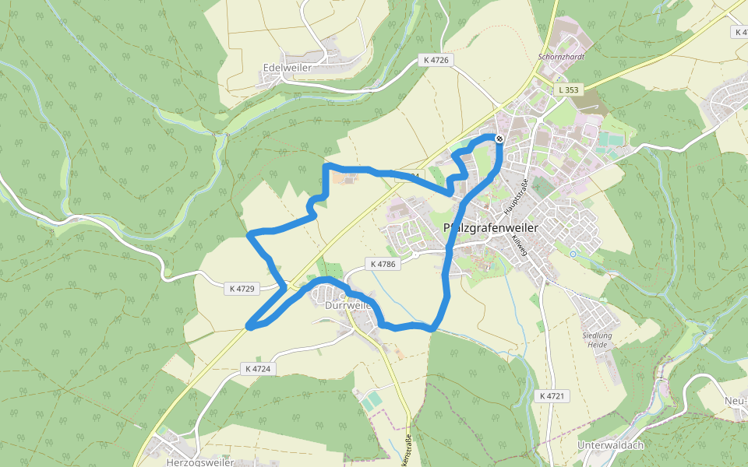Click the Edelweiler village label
(288, 68)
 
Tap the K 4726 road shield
(438, 60)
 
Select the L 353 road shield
(569, 90)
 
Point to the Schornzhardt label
(561, 57)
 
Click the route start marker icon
(499, 139)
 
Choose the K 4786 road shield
(383, 265)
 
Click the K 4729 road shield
(242, 289)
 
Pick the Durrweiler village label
(348, 306)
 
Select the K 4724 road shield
(257, 369)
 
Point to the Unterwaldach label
(610, 445)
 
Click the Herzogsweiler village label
(200, 462)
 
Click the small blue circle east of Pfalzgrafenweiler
(573, 254)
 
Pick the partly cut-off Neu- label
(736, 402)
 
